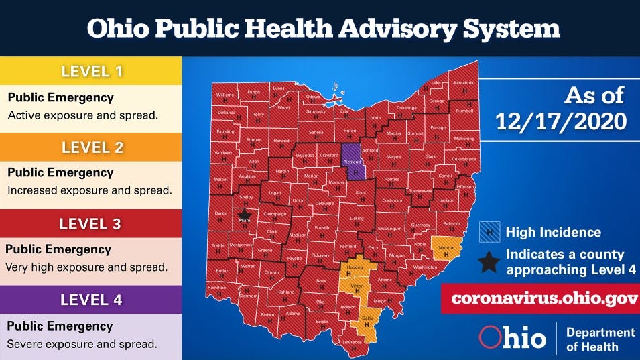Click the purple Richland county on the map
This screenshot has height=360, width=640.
coord(354,162)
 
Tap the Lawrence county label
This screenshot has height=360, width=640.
coord(353,342)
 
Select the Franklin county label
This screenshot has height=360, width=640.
coord(322,228)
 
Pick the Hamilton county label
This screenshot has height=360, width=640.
coord(217,287)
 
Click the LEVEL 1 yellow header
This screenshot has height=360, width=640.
coord(91,70)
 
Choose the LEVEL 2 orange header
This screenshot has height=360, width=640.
coord(91,147)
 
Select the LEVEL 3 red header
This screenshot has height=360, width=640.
coord(91,224)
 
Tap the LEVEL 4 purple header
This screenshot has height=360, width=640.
coord(91,300)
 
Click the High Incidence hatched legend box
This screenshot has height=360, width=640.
coord(489,233)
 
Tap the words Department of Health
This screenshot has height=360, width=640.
coord(600,339)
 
